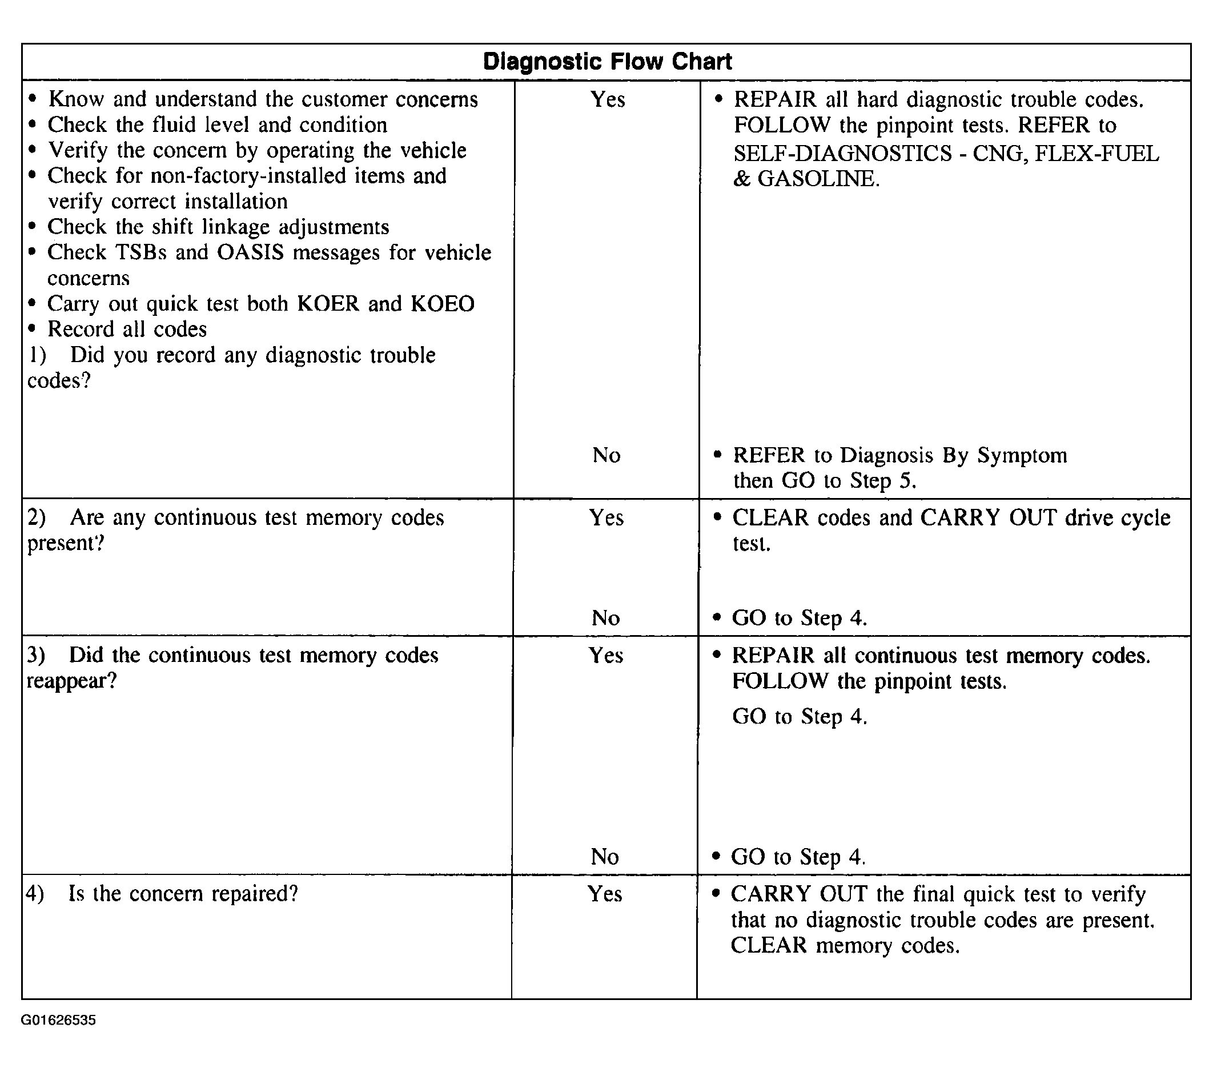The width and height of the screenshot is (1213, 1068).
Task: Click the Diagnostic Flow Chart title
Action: coord(607,62)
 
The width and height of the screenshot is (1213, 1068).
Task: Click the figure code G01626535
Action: coord(58,1020)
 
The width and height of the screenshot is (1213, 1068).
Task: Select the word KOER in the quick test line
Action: coord(328,304)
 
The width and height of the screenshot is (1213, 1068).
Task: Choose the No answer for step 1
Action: coord(606,456)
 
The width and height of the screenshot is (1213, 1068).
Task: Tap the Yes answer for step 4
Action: coord(605,894)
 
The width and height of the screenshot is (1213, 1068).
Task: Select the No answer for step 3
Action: coord(605,857)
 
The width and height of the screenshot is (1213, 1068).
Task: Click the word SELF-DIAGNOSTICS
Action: coord(842,154)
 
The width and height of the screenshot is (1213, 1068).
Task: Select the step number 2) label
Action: coord(37,518)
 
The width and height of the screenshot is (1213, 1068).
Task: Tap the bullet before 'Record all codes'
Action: coord(32,329)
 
